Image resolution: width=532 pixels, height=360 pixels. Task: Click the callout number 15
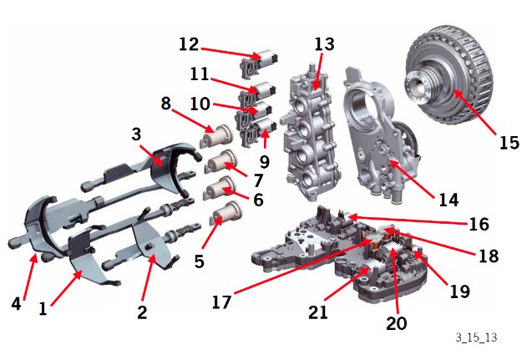[x=509, y=143]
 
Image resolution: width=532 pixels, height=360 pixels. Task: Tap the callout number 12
[x=189, y=44]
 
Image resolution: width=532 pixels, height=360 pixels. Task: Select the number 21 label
[x=318, y=312]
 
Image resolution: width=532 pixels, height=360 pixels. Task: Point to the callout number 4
[x=16, y=304]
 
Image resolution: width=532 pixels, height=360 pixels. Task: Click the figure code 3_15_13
[x=476, y=337]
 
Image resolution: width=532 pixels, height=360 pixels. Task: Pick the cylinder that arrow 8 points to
[x=216, y=136]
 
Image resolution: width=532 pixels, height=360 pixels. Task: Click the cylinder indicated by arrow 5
[x=225, y=215]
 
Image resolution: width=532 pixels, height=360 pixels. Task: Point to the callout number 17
[x=221, y=302]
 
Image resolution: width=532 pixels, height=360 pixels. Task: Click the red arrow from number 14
[x=412, y=179]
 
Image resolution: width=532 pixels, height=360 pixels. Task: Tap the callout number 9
[x=265, y=161]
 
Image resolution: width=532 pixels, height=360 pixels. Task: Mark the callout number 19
[x=459, y=292]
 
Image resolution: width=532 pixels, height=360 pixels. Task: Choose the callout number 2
[x=142, y=312]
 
